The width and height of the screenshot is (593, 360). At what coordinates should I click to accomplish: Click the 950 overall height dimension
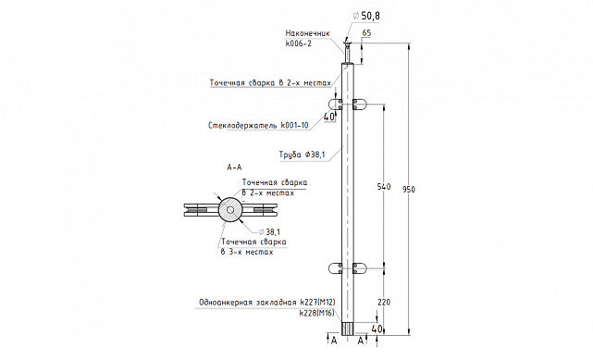tap(409, 189)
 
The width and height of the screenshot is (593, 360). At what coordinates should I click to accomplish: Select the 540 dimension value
tap(384, 186)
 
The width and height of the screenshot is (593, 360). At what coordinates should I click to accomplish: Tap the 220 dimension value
tap(384, 302)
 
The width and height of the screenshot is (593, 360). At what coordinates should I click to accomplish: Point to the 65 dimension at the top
tap(366, 33)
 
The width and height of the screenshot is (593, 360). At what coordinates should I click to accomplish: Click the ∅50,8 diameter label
tap(366, 16)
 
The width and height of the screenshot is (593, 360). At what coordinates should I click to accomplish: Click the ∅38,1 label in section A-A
tap(269, 232)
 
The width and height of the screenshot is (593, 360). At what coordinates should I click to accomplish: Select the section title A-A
tap(234, 168)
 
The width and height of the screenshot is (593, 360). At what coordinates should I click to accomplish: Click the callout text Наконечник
tap(307, 33)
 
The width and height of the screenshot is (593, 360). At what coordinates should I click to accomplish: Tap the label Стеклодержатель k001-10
tap(258, 125)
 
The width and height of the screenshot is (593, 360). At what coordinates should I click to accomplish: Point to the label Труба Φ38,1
tap(302, 155)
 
